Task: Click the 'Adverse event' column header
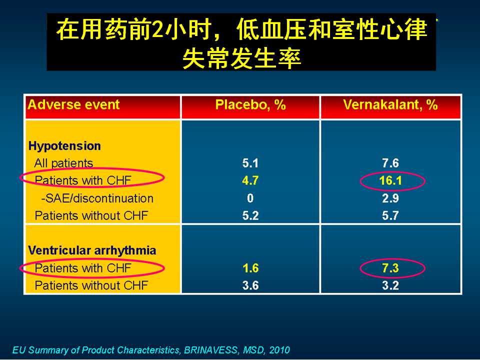click(73, 104)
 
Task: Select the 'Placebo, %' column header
click(250, 104)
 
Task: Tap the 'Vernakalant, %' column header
click(390, 104)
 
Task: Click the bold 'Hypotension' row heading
click(64, 146)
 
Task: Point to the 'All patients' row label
click(63, 163)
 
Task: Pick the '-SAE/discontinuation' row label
click(97, 198)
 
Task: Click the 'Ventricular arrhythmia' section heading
click(92, 250)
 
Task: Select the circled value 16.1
click(390, 180)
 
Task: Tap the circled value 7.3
click(390, 268)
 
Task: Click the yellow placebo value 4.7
click(250, 180)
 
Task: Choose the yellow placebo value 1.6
click(250, 268)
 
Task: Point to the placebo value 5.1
click(250, 163)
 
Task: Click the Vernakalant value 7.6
click(390, 163)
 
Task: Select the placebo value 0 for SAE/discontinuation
click(250, 198)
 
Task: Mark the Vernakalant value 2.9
click(390, 198)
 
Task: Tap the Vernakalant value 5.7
click(390, 216)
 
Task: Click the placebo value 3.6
click(250, 285)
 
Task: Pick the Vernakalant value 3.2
click(390, 285)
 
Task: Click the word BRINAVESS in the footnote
click(210, 350)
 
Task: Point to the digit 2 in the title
click(157, 29)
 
